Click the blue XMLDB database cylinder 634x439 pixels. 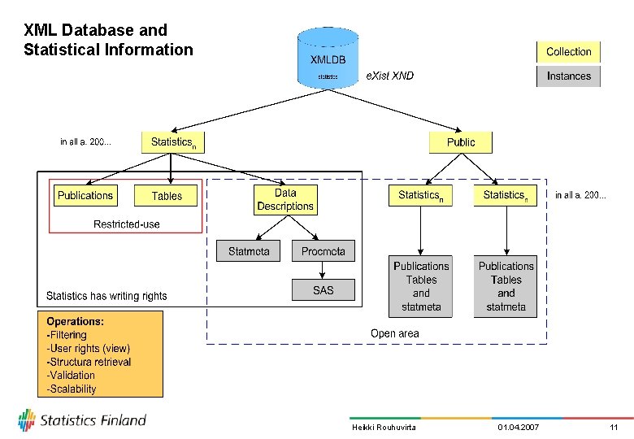(x=328, y=58)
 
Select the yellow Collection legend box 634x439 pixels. (x=568, y=52)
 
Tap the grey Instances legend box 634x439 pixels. (x=568, y=76)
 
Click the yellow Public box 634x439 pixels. (x=461, y=142)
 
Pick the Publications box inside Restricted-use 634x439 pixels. (x=85, y=196)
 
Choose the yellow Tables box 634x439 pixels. (x=167, y=196)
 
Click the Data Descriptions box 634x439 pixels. (x=285, y=200)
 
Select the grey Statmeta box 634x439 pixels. (x=249, y=251)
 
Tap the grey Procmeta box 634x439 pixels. (x=323, y=251)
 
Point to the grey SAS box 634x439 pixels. (x=323, y=290)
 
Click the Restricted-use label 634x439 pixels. (x=127, y=224)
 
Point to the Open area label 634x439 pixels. (x=394, y=333)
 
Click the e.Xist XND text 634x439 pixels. (x=390, y=76)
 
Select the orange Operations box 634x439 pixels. (x=100, y=354)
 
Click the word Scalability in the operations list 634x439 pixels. (x=73, y=389)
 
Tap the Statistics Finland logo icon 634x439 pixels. (x=28, y=420)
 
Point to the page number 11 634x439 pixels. (x=614, y=428)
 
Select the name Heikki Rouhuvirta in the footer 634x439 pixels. (x=384, y=428)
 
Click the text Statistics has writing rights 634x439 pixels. (x=106, y=296)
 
